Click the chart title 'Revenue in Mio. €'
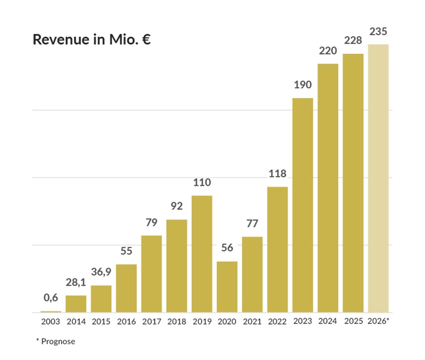91,39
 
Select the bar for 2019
202,254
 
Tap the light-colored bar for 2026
378,178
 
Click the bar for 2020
227,287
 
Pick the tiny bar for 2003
51,312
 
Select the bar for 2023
303,205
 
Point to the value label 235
378,32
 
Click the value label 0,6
51,298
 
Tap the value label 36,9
101,271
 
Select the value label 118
277,174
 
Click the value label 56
227,248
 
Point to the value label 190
303,85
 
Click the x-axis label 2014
76,321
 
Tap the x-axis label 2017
152,321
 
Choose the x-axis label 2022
277,321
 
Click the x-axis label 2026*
378,321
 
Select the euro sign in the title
146,39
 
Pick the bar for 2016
126,288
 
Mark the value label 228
353,41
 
